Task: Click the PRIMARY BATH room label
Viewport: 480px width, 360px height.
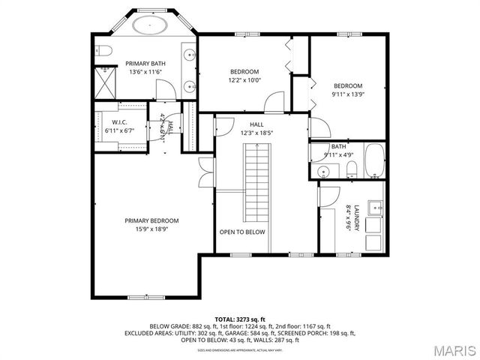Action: tap(145, 64)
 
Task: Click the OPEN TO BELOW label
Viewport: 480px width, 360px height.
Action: tap(242, 232)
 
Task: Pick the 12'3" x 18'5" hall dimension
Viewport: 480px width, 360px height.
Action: tap(256, 133)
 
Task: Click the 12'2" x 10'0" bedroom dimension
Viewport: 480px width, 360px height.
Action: tap(244, 80)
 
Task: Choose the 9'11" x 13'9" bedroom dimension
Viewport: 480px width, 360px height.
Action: tap(348, 94)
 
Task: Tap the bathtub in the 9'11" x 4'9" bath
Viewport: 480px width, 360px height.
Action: tap(373, 160)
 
